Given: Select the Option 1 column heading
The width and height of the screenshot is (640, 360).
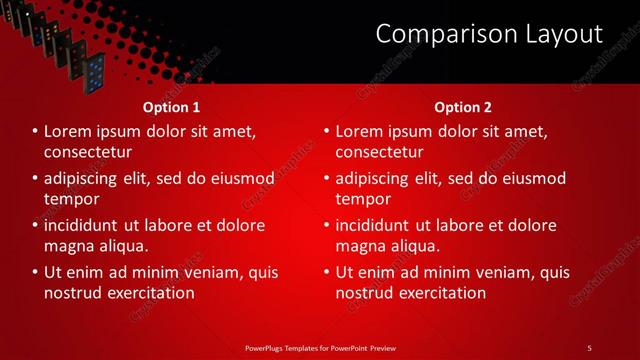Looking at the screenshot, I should (171, 107).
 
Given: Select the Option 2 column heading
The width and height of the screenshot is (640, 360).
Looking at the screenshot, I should (463, 107).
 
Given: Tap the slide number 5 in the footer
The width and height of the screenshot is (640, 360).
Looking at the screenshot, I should (589, 347).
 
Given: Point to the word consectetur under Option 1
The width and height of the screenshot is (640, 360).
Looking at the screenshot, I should (88, 152).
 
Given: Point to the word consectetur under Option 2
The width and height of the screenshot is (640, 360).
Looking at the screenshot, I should (379, 152).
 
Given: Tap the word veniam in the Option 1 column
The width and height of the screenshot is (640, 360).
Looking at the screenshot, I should (204, 272).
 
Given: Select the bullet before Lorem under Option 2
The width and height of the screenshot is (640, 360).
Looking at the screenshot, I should (326, 132).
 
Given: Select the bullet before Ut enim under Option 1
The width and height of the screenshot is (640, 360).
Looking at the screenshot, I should (35, 272).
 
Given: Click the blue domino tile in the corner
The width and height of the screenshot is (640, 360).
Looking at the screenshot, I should (95, 70).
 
